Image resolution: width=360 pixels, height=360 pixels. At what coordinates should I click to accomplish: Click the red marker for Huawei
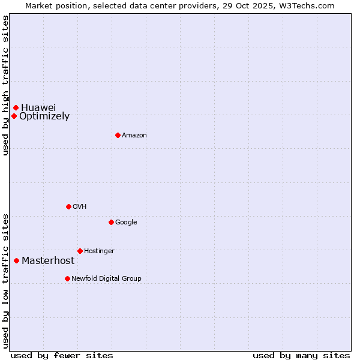click(16, 107)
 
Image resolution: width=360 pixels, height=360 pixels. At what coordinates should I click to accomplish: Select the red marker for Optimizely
click(14, 116)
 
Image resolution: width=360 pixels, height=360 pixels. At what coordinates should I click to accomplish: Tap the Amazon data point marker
click(118, 135)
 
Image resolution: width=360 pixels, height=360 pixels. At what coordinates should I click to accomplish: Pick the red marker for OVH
click(68, 206)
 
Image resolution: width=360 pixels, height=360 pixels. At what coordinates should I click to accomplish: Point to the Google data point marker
click(111, 222)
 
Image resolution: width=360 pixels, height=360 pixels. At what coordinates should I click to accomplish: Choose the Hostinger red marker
click(80, 251)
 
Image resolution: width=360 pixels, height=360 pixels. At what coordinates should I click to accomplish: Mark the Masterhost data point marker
click(16, 260)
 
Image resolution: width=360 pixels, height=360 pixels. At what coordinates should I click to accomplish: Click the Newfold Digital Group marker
click(67, 278)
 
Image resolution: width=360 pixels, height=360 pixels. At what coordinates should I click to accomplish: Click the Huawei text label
click(38, 107)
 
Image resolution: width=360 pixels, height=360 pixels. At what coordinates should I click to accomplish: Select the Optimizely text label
click(44, 116)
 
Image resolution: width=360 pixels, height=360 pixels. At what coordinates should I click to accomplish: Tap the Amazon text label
click(134, 136)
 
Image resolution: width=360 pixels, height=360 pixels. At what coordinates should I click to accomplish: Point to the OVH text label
click(80, 207)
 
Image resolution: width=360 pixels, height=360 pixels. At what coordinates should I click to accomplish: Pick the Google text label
click(126, 223)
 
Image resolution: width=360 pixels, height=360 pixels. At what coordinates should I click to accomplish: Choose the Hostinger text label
click(99, 251)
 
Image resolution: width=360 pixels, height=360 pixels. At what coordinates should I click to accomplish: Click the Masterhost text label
click(48, 261)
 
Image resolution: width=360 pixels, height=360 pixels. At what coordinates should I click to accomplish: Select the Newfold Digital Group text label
click(106, 279)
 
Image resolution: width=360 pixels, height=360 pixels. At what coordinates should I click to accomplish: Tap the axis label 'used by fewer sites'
click(62, 355)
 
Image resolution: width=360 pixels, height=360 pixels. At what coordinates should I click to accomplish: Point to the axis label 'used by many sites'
click(301, 355)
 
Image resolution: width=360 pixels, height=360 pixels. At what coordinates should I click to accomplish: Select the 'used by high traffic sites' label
click(5, 85)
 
